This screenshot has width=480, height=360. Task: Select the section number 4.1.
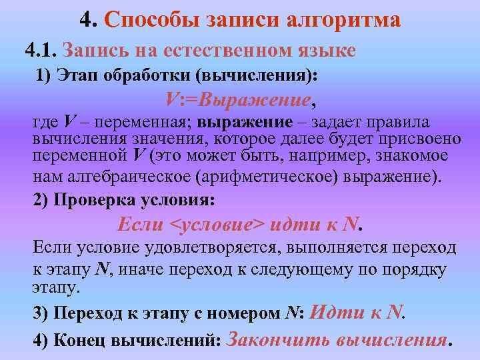[x=41, y=50]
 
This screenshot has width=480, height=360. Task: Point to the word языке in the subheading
[x=327, y=50]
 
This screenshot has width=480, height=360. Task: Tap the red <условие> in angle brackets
[x=220, y=225]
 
